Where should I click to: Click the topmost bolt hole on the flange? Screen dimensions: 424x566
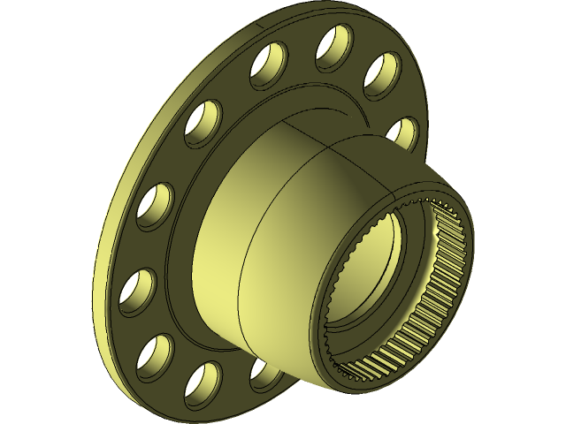(333, 46)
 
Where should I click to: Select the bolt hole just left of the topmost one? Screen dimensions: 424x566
(270, 65)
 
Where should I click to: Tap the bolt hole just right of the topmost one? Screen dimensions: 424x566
(383, 75)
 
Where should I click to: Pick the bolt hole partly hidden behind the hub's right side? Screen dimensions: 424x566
(403, 132)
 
